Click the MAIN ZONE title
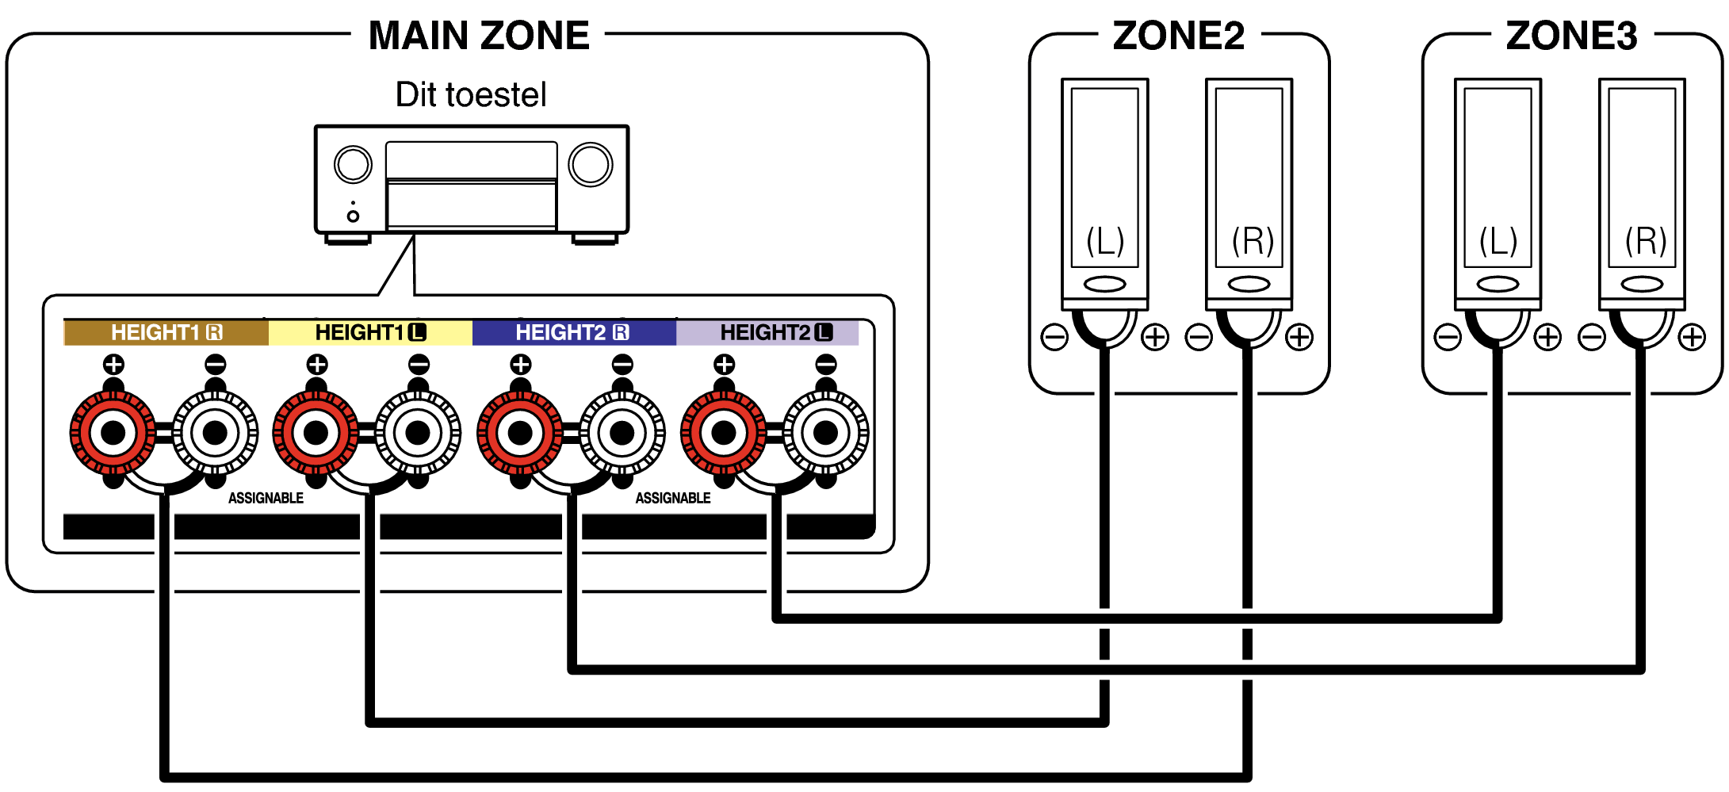coord(479,36)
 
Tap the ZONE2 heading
coord(1178,36)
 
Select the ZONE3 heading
coord(1571,36)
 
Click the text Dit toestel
coord(471,94)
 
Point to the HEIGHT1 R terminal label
coord(166,332)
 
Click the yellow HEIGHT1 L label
coord(370,332)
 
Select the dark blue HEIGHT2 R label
coord(573,332)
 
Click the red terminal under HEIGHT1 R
coord(113,433)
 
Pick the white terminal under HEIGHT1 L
coord(418,433)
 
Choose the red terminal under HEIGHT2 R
coord(520,433)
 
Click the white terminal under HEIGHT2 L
coord(825,433)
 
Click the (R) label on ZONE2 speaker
coord(1252,241)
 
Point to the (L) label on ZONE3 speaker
coord(1498,241)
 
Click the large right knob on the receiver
coord(591,165)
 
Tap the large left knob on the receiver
coord(353,165)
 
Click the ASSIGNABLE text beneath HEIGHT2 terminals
coord(672,498)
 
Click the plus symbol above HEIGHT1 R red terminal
coord(113,365)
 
